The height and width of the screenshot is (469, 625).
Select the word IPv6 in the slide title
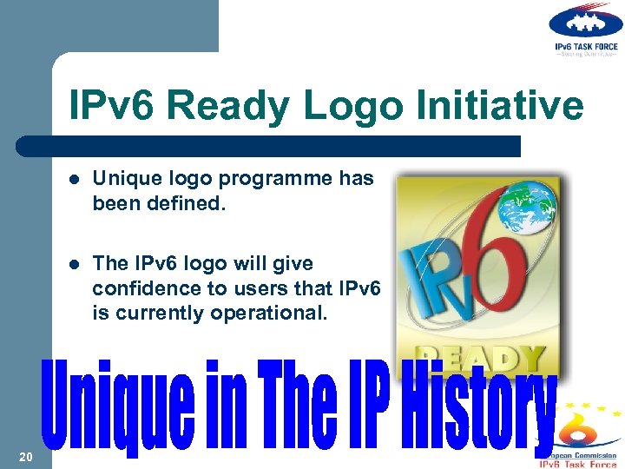[x=115, y=106]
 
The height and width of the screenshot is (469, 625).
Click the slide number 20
[x=25, y=457]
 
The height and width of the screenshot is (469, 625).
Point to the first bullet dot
[x=76, y=180]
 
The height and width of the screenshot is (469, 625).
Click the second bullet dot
[x=76, y=263]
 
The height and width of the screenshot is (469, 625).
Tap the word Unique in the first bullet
[x=122, y=179]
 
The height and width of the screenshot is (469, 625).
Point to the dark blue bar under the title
[x=269, y=146]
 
